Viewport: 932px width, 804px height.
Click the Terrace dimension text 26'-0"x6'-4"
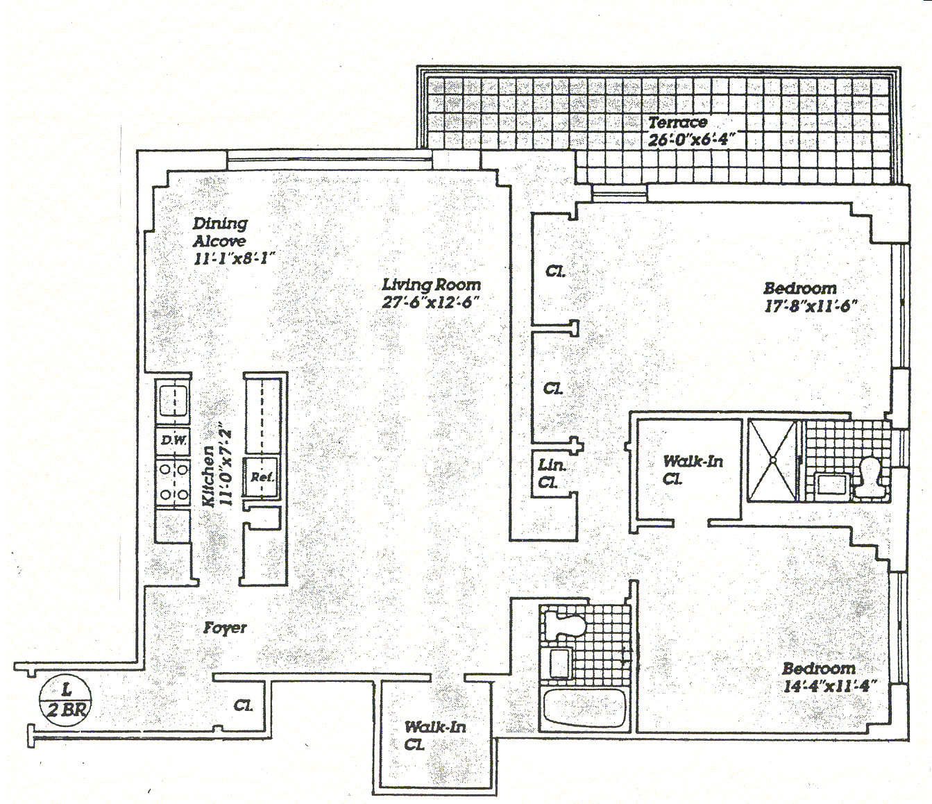pos(691,140)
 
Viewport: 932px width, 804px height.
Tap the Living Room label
pos(431,285)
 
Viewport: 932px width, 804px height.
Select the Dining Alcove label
pos(219,232)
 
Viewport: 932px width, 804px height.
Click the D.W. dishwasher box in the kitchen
pos(173,440)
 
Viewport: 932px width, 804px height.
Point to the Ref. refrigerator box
pos(262,477)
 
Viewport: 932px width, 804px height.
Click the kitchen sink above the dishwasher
pos(173,401)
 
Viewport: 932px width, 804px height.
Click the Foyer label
pos(225,628)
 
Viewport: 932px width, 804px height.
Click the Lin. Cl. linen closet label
pos(552,474)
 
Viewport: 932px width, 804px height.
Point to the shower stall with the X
pos(772,459)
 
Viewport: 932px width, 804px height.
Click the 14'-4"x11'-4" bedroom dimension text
pos(829,687)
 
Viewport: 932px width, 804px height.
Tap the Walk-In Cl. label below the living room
pos(435,735)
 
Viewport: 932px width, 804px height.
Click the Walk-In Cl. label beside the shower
pos(692,469)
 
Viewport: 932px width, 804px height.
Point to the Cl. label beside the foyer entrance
pos(243,706)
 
